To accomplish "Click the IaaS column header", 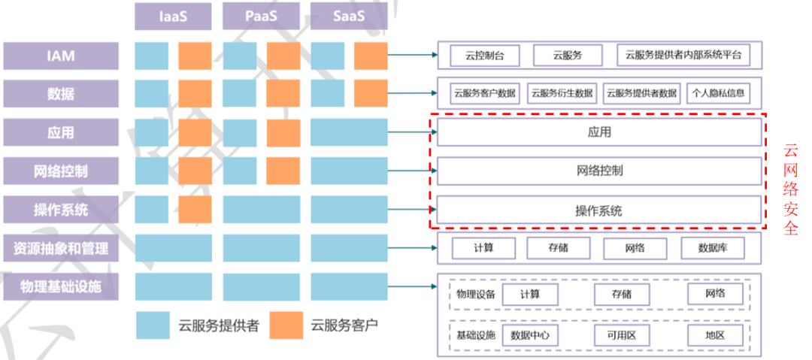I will click(x=174, y=16).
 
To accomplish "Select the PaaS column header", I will click(x=261, y=16).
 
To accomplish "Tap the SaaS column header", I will click(x=349, y=16).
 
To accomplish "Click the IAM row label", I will click(x=61, y=55).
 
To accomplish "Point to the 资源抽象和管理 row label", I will click(x=61, y=248).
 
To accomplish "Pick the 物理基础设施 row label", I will click(x=61, y=286).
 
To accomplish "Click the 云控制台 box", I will click(x=485, y=55).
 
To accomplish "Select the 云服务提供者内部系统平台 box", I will click(x=683, y=55).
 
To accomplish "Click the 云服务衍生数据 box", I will click(x=562, y=94).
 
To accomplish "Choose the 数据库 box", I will click(x=711, y=248).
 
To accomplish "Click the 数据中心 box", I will click(x=534, y=335).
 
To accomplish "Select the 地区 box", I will click(x=715, y=335).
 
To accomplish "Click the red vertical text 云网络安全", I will click(x=790, y=190).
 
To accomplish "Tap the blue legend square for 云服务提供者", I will click(x=153, y=325).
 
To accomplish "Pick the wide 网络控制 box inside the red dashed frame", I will click(x=599, y=171).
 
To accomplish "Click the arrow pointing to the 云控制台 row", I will click(x=414, y=55).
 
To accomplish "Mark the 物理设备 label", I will click(x=476, y=294).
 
